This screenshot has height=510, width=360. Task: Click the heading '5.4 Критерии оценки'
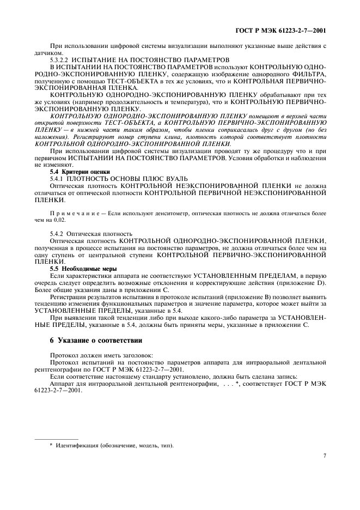coord(75,172)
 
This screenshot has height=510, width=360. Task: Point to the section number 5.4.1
coord(57,178)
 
